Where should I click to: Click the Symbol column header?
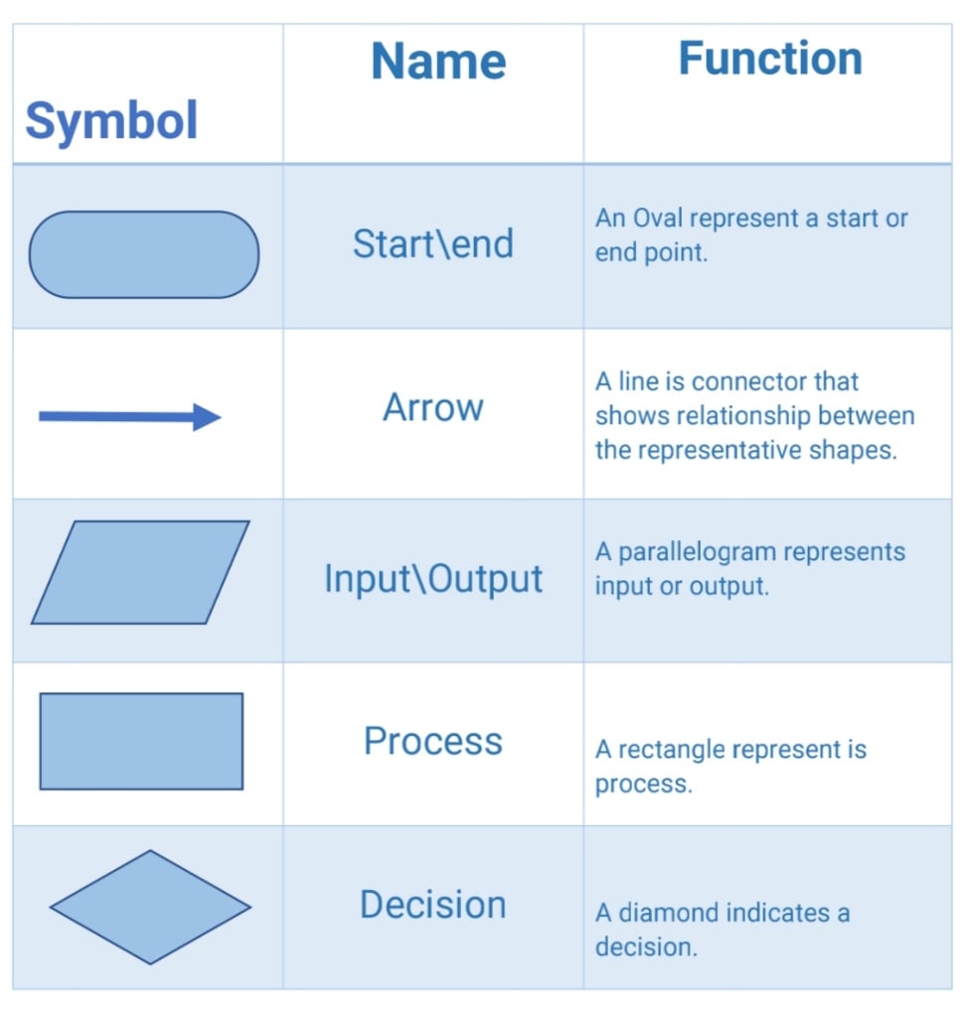pyautogui.click(x=111, y=121)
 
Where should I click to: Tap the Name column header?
pyautogui.click(x=438, y=62)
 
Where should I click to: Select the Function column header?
pyautogui.click(x=770, y=59)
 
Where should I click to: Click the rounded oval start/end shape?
pyautogui.click(x=144, y=254)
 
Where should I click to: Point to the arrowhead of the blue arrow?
pyautogui.click(x=208, y=417)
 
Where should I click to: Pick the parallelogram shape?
pyautogui.click(x=140, y=572)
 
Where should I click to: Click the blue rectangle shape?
pyautogui.click(x=141, y=741)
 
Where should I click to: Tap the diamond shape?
pyautogui.click(x=150, y=907)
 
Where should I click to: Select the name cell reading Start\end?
pyautogui.click(x=433, y=243)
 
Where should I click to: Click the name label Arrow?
pyautogui.click(x=433, y=408)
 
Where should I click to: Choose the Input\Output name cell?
pyautogui.click(x=433, y=579)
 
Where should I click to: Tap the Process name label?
pyautogui.click(x=433, y=741)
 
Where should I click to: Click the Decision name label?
pyautogui.click(x=433, y=905)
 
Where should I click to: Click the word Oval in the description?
pyautogui.click(x=659, y=218)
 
